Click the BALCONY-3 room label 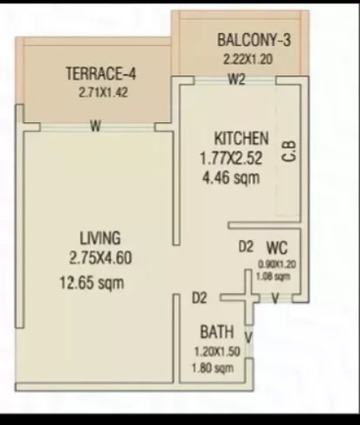point(254,40)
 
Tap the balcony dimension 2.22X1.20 point(248,59)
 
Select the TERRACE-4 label point(101,73)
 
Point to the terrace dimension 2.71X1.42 point(103,93)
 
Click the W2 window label point(237,79)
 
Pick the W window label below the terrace point(96,127)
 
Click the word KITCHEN point(241,139)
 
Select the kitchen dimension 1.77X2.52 point(231,159)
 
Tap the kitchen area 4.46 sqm point(231,178)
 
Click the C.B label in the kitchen point(289,151)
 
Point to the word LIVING point(100,238)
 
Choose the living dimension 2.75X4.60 point(100,257)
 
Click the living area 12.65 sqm point(92,283)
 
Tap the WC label point(277,248)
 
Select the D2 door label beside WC point(246,247)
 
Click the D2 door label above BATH point(200,298)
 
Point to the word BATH point(217,332)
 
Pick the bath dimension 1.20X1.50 point(217,352)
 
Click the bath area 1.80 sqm point(213,368)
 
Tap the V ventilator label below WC point(275,298)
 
